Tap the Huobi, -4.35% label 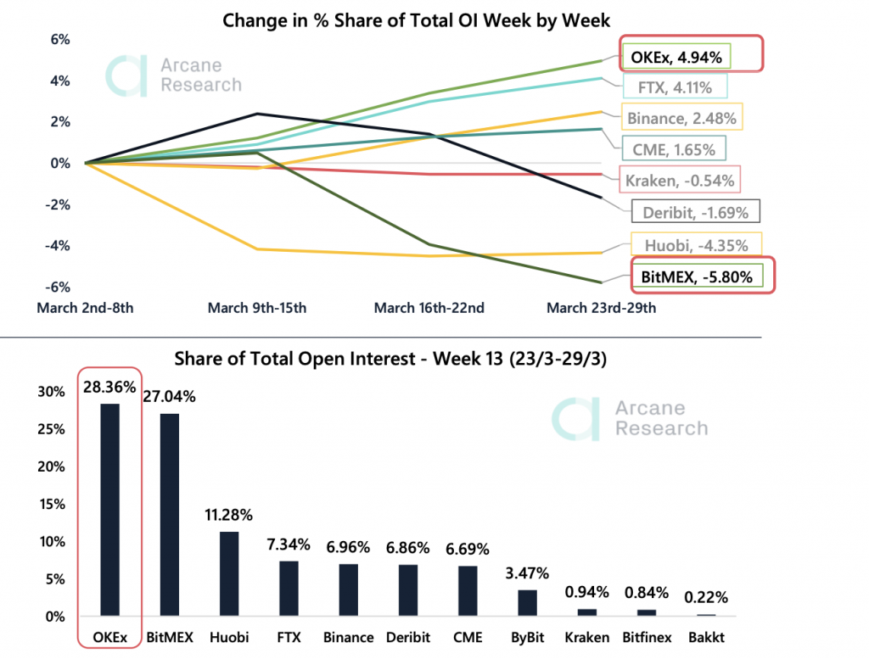(x=696, y=246)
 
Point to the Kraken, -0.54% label (x=678, y=180)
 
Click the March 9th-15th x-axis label (x=257, y=308)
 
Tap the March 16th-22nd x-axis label (x=429, y=308)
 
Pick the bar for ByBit (x=528, y=602)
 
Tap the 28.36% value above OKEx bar (x=109, y=387)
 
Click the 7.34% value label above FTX (x=289, y=544)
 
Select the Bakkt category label (x=707, y=637)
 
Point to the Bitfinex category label (x=647, y=637)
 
